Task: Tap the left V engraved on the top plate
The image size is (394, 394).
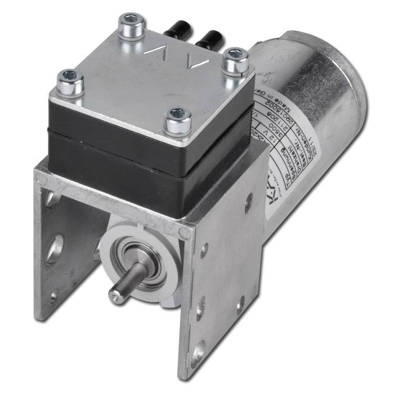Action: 159,50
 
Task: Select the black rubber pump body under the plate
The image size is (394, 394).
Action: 141,169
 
